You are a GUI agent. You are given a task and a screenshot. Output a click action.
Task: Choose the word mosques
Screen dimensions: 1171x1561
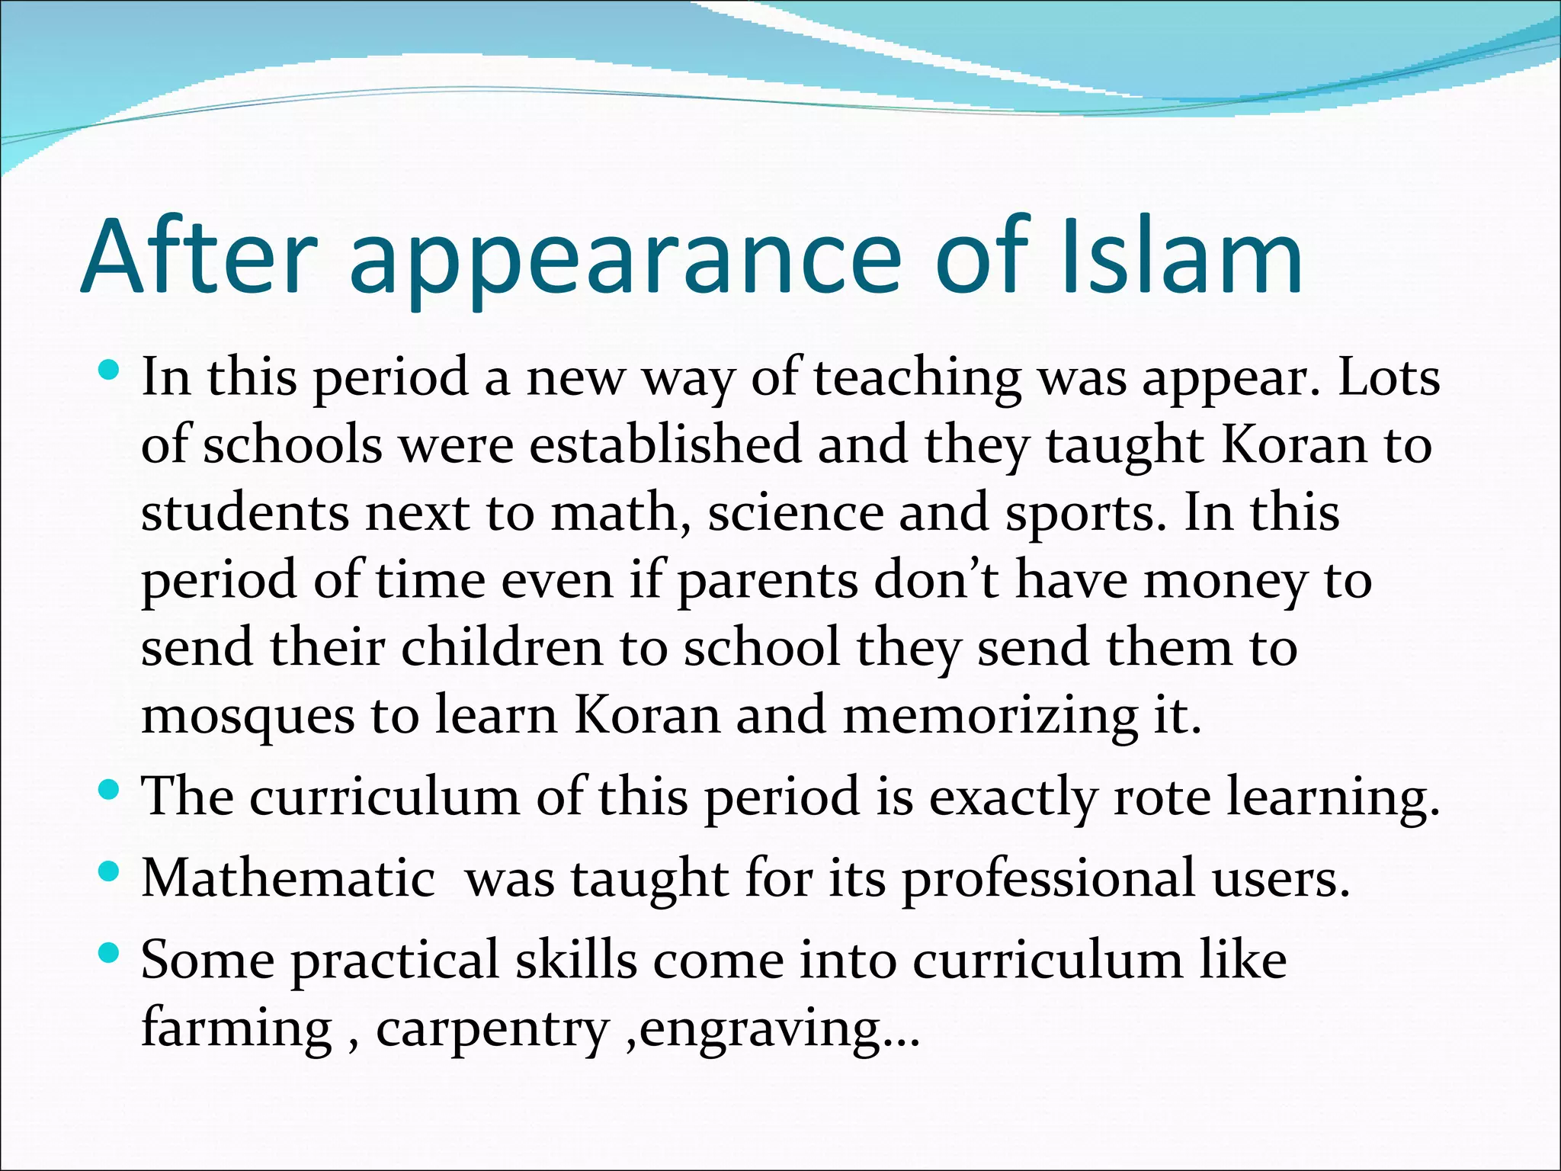coord(248,717)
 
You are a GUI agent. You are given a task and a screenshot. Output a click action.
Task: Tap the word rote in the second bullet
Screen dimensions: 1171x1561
coord(1162,797)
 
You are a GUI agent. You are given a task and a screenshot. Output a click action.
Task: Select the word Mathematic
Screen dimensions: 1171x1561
coord(288,878)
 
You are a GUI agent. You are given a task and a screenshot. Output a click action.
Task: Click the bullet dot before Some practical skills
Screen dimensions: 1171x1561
coord(110,951)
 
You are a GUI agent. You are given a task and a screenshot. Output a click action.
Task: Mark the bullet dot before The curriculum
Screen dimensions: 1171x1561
coord(110,790)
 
